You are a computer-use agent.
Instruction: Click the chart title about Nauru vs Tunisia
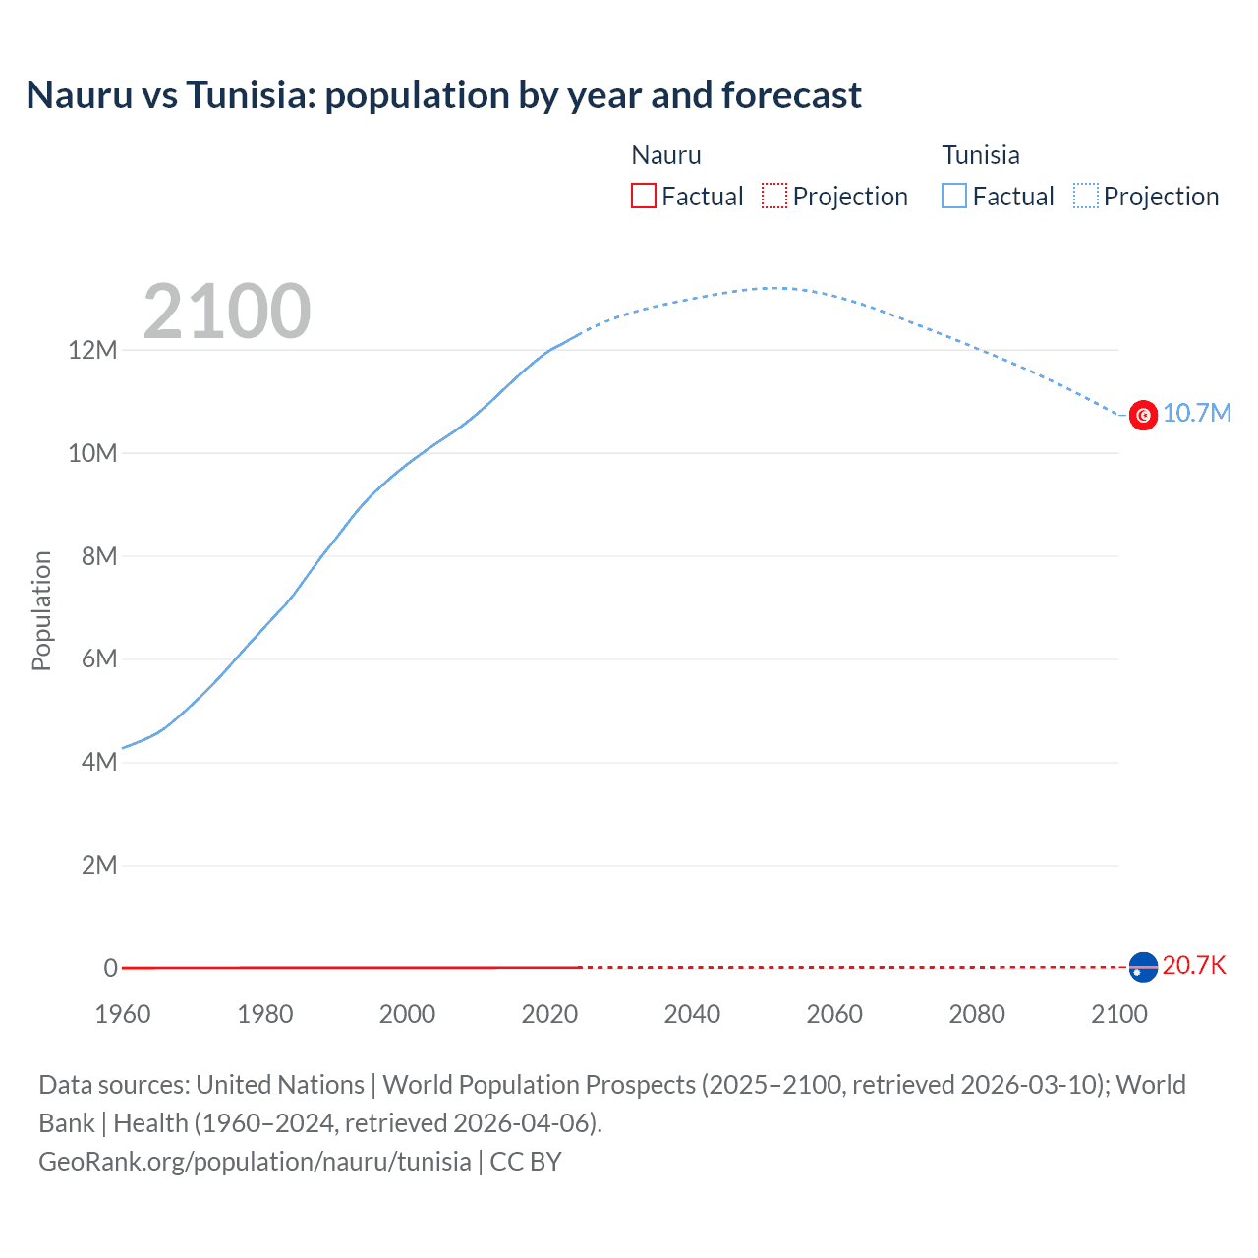click(x=443, y=95)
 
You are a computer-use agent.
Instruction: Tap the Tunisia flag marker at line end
click(x=1143, y=416)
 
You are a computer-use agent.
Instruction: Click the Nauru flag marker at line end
click(x=1142, y=967)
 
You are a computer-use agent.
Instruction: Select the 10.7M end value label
click(x=1196, y=413)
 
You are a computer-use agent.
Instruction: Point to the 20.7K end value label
click(x=1194, y=965)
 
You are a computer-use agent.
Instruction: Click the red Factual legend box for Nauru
click(x=644, y=197)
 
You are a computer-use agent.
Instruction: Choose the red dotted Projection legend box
click(x=774, y=197)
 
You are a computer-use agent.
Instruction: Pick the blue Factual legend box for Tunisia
click(x=954, y=197)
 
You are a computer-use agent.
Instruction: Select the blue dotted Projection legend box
click(x=1086, y=197)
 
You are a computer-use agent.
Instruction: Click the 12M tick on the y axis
click(x=92, y=350)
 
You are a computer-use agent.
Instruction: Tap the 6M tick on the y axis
click(x=98, y=658)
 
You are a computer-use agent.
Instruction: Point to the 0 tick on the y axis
click(x=111, y=968)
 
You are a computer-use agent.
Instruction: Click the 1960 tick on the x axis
click(x=123, y=1014)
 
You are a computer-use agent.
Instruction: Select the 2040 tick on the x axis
click(x=692, y=1014)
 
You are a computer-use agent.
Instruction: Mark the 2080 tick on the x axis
click(x=977, y=1014)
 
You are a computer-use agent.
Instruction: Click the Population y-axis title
click(x=41, y=610)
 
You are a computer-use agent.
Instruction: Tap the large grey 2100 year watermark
click(x=227, y=312)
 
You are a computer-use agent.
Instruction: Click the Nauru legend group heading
click(x=666, y=155)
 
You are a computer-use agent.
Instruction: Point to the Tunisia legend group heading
click(x=981, y=155)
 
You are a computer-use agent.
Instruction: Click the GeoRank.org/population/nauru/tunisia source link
click(x=255, y=1162)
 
